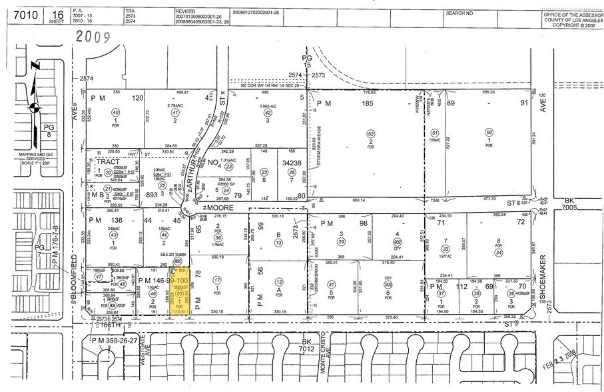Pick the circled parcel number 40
coord(115,112)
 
